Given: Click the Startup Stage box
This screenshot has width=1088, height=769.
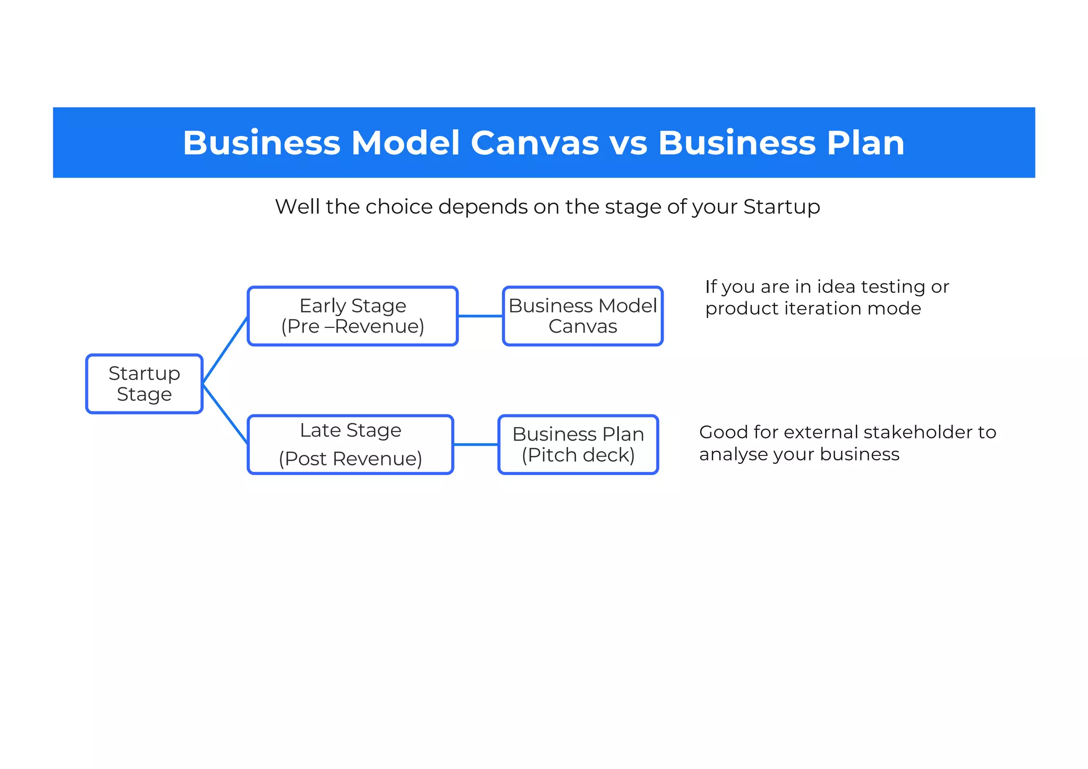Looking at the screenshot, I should coord(144,384).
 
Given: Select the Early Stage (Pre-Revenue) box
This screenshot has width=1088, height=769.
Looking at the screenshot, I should coord(352,316).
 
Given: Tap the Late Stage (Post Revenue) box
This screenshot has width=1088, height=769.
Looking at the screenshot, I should coord(350,445).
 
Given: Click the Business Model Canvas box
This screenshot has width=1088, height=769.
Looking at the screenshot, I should coord(582,316).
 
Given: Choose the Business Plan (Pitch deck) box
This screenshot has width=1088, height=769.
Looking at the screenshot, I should coord(578,445).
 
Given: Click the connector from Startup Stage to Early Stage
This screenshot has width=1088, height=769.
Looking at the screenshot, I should coord(225,350).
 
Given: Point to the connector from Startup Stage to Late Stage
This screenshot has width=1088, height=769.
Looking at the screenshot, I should coord(225,414).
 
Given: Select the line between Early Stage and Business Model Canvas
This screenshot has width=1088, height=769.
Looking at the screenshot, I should coord(480,316).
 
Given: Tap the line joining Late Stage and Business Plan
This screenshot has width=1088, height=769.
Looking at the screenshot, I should coord(475,445).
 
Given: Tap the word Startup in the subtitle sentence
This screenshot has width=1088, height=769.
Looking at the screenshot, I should coord(781,207).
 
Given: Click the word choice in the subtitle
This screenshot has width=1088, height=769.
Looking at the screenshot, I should coord(391,207).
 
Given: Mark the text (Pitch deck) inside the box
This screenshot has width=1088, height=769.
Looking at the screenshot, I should coord(578,455).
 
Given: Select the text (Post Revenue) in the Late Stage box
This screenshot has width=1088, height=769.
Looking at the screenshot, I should coord(350,459).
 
